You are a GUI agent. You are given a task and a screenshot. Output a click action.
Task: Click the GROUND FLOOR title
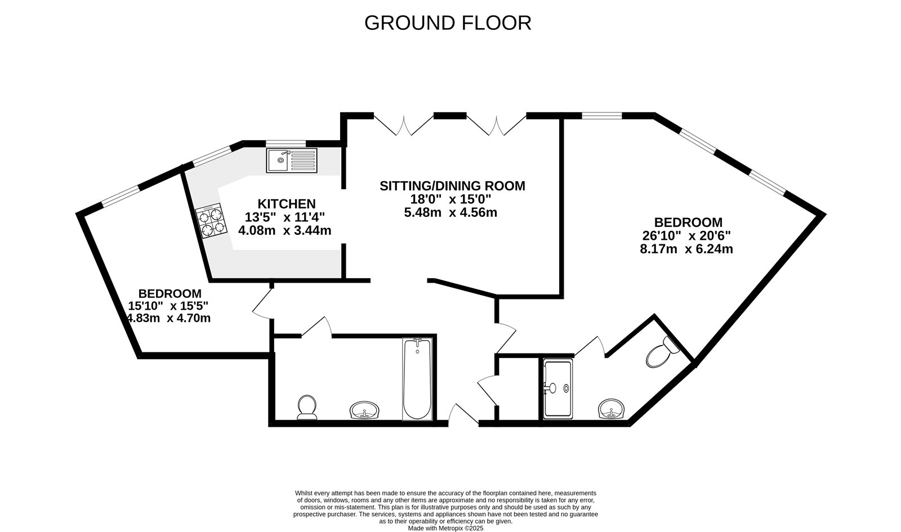(448, 23)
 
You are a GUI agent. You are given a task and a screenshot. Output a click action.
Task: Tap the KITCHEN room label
(286, 204)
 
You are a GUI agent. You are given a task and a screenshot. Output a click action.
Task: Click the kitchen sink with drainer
(292, 160)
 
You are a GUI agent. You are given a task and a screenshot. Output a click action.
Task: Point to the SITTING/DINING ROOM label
(452, 186)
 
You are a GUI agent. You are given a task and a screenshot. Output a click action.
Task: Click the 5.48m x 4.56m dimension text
(450, 213)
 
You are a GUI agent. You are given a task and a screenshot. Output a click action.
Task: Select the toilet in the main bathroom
(306, 406)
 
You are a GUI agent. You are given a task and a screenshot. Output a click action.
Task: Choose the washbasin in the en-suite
(613, 409)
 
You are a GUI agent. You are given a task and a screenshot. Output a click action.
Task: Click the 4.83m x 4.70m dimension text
(169, 318)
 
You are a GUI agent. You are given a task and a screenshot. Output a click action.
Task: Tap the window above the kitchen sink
(286, 144)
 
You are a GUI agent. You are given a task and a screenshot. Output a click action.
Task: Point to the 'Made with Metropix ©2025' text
(445, 528)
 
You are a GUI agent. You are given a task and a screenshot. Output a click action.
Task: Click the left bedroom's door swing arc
(261, 304)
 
